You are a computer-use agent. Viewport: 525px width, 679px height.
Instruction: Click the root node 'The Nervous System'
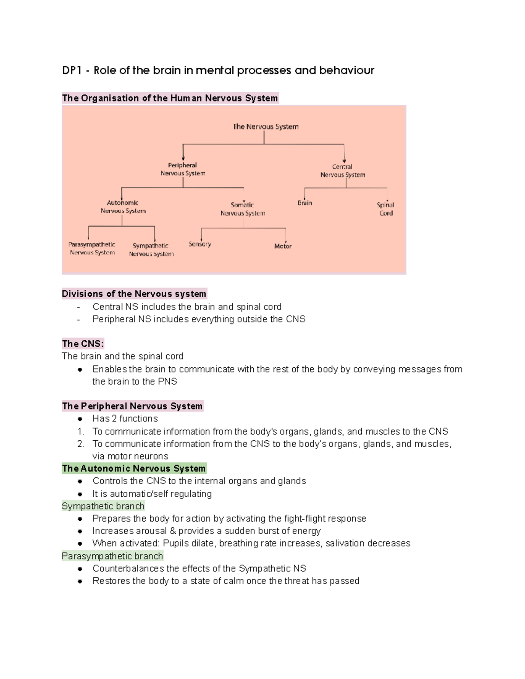(266, 127)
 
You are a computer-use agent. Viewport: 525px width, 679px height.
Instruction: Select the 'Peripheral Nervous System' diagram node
(183, 169)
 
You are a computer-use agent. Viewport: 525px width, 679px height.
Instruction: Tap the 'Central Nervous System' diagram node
(343, 171)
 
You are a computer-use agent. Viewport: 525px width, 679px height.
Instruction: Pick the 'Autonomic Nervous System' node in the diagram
(123, 207)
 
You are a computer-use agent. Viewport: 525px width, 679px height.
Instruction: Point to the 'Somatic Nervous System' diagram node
(243, 209)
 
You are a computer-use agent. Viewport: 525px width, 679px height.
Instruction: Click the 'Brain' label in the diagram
(305, 203)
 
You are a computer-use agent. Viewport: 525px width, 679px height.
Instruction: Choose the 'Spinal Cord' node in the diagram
(385, 209)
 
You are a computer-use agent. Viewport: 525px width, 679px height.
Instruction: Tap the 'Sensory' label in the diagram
(199, 244)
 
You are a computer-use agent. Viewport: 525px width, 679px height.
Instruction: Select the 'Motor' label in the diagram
(283, 246)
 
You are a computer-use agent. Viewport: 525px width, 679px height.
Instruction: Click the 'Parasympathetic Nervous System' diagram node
(92, 248)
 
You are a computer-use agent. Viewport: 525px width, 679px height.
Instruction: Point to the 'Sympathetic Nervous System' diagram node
(151, 250)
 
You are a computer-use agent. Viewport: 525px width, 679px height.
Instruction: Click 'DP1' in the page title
(72, 70)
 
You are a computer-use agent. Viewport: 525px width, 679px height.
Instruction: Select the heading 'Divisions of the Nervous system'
(134, 294)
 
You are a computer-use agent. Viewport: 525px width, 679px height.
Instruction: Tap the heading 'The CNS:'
(83, 344)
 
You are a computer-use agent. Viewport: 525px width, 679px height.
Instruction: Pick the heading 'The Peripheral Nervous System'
(132, 406)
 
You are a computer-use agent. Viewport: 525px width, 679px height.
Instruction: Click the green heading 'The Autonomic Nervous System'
(134, 468)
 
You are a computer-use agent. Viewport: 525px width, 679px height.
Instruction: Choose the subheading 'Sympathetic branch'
(103, 506)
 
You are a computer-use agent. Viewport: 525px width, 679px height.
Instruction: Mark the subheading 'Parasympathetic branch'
(112, 556)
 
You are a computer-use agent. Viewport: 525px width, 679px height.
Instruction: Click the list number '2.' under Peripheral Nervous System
(80, 444)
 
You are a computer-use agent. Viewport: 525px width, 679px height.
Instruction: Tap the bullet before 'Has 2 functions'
(80, 419)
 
